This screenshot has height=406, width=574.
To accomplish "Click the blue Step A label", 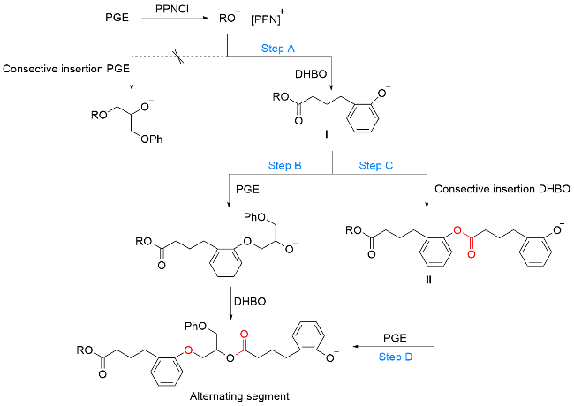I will tap(278, 49).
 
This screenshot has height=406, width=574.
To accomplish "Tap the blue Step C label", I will tap(374, 165).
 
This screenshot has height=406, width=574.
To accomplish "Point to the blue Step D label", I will tap(396, 357).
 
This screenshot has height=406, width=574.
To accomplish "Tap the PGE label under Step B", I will tap(245, 188).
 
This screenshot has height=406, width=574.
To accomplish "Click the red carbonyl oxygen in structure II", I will tap(472, 253).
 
